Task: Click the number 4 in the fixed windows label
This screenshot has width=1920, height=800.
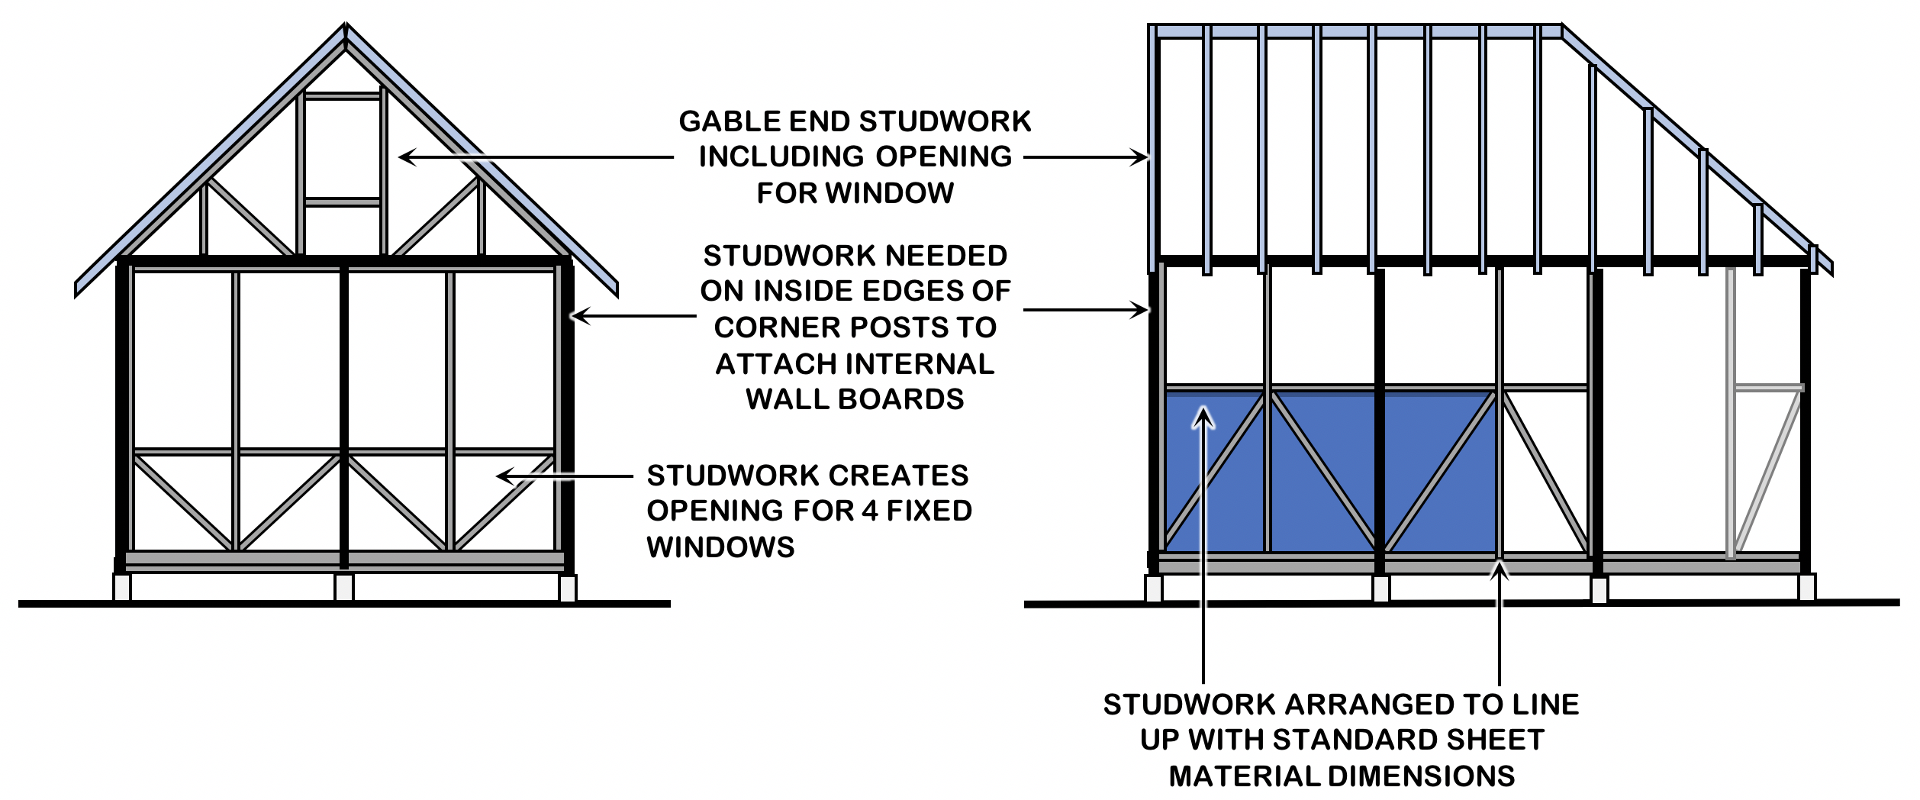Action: click(869, 511)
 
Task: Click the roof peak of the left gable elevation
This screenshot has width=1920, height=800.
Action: click(346, 25)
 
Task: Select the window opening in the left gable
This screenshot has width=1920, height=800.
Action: click(343, 150)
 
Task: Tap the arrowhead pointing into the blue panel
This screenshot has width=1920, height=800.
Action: click(1203, 418)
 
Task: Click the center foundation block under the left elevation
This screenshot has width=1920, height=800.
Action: click(344, 587)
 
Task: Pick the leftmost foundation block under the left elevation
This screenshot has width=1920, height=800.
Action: click(122, 587)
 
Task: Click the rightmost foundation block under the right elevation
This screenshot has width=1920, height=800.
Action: click(1806, 587)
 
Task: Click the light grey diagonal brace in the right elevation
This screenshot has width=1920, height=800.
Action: click(1767, 473)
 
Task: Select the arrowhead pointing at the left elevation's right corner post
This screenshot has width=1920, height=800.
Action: click(580, 315)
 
